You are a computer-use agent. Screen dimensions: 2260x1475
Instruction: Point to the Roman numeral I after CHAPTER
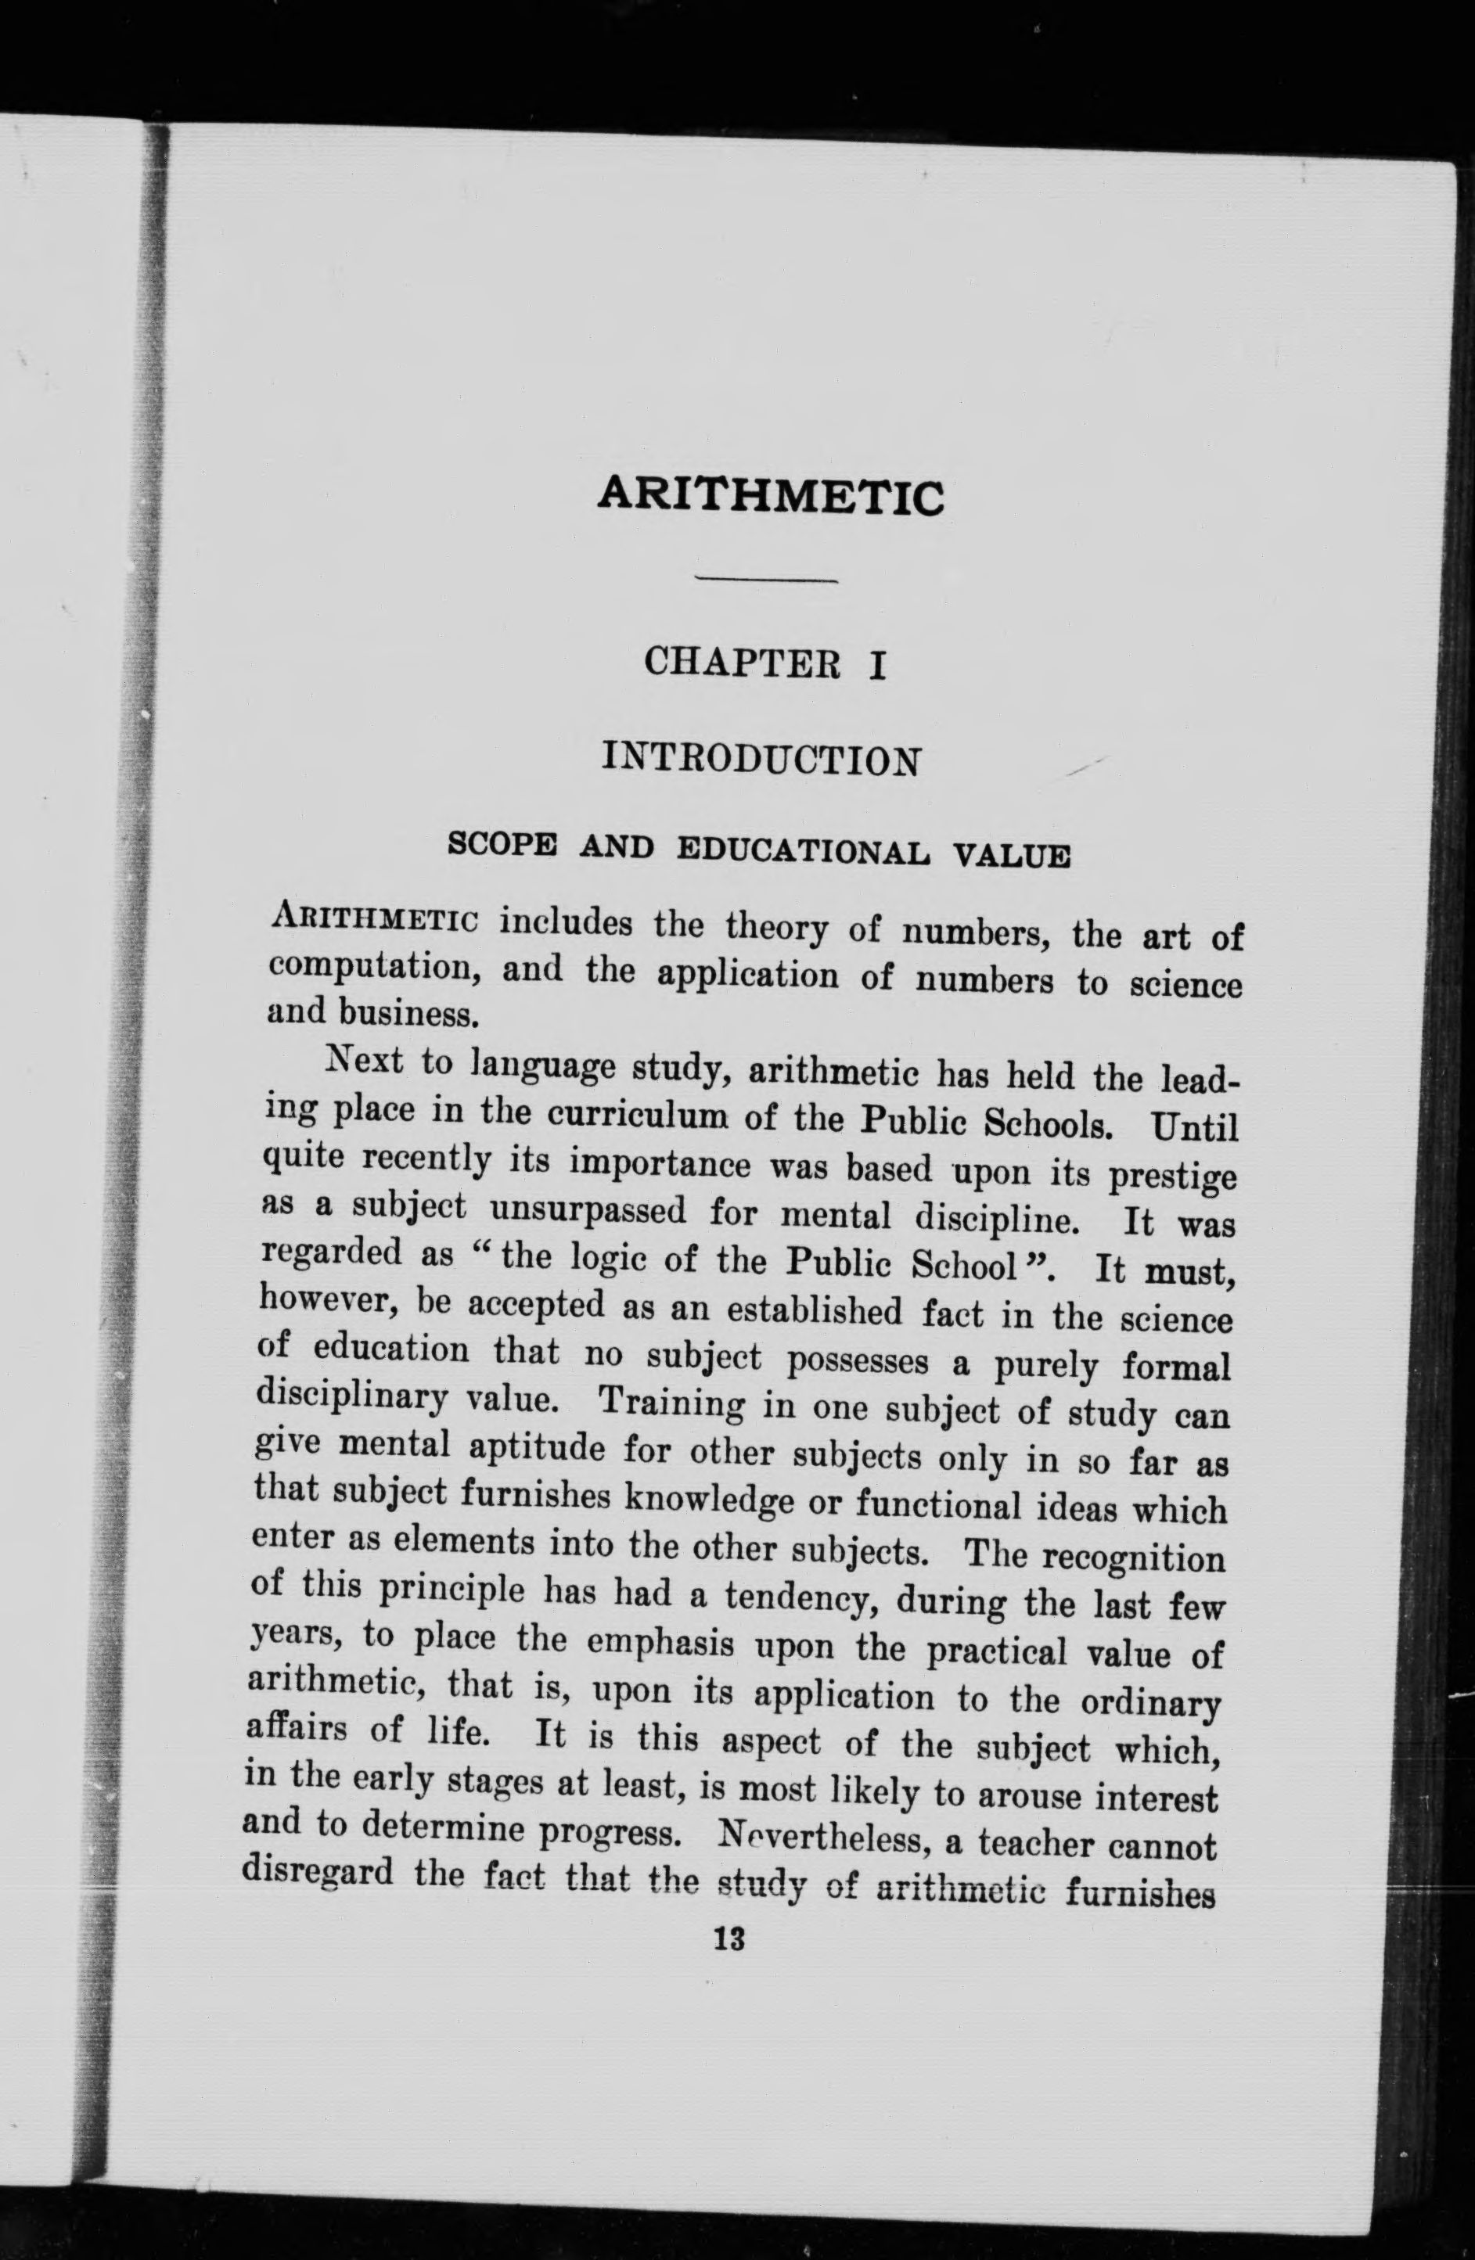click(876, 663)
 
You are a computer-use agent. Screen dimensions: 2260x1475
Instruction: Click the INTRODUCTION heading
click(761, 759)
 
